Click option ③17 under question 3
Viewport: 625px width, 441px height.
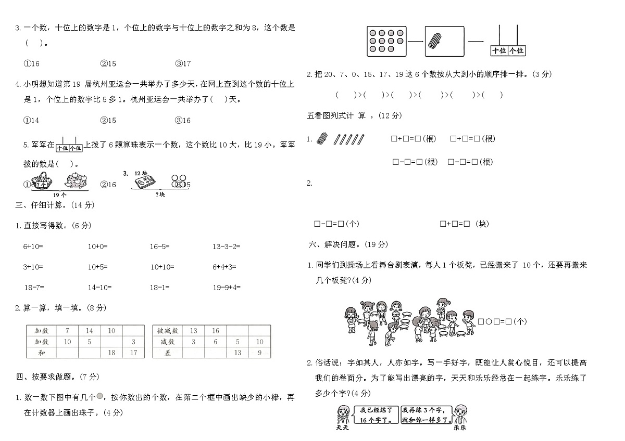183,64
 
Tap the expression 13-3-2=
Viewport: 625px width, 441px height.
226,247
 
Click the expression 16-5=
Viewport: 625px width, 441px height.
160,247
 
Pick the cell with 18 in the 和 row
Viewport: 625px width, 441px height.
111,353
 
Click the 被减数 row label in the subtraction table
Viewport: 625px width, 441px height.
168,331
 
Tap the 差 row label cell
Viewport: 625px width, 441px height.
168,353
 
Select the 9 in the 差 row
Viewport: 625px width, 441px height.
260,353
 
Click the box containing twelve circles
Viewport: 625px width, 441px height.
386,41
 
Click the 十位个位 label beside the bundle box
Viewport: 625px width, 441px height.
508,50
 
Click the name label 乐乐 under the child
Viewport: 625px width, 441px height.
459,428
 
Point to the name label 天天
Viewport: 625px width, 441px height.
342,428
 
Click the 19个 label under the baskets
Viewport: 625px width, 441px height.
60,194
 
